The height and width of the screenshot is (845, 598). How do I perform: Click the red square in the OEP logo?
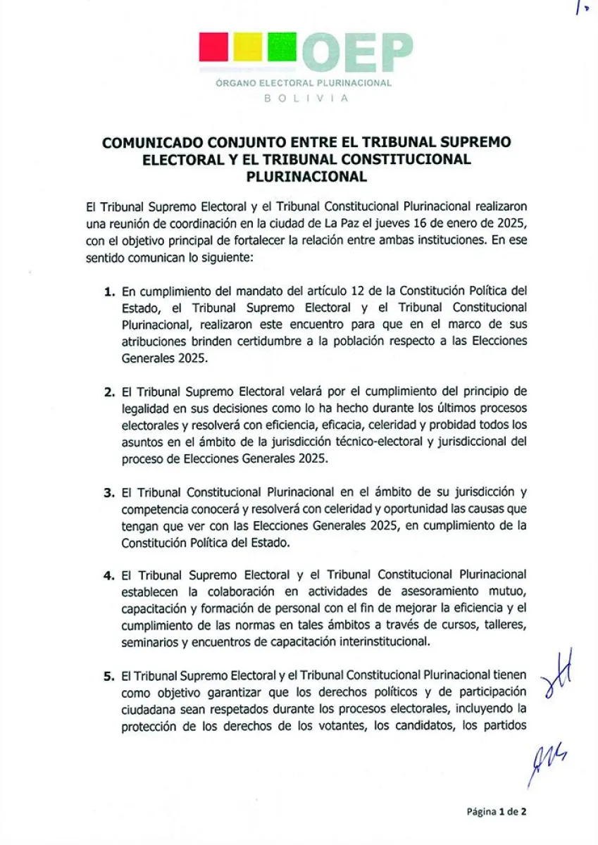(214, 47)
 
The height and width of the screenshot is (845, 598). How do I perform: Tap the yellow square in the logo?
(247, 47)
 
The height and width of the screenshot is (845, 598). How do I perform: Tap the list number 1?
(108, 291)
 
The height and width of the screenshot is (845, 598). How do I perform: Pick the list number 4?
(108, 575)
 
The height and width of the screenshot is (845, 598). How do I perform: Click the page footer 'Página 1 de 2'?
(497, 811)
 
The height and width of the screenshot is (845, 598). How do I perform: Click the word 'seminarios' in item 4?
(146, 642)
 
